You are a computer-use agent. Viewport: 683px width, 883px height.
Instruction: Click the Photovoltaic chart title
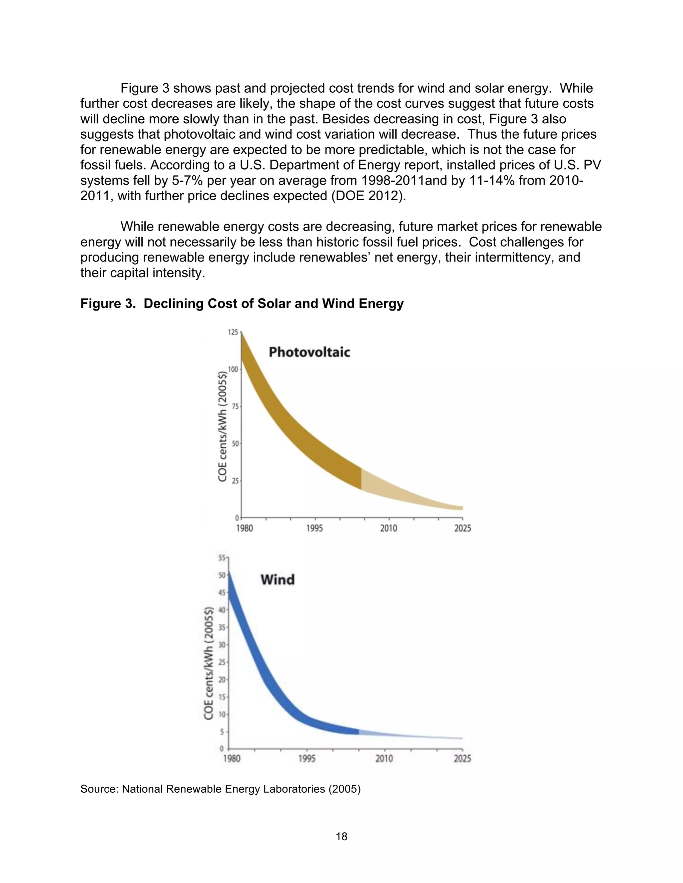[309, 352]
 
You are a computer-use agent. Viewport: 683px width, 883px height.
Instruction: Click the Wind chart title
[277, 580]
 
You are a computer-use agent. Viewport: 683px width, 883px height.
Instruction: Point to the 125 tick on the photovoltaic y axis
[233, 332]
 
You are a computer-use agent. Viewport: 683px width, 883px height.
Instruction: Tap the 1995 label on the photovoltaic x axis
[314, 528]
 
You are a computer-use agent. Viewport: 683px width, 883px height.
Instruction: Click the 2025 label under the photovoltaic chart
[463, 528]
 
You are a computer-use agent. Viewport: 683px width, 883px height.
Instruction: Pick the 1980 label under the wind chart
[232, 758]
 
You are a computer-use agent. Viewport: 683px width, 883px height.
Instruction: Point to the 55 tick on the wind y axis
[222, 558]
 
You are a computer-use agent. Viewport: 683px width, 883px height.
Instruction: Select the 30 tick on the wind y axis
[222, 645]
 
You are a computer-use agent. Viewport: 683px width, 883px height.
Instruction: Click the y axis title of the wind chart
[208, 663]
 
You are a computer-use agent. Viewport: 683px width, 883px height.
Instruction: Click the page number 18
[341, 836]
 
